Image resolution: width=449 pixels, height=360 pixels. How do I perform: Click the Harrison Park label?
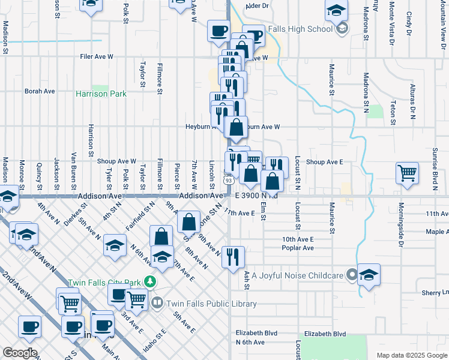(x=101, y=94)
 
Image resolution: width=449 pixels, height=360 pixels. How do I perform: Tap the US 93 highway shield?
(x=228, y=179)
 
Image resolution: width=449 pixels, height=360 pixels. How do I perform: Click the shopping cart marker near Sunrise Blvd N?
(x=407, y=173)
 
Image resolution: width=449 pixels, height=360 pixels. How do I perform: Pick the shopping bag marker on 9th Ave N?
(x=188, y=221)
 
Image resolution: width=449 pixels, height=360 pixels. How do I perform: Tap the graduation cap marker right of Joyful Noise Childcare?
(x=369, y=274)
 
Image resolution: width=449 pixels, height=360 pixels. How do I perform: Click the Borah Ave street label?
(x=40, y=91)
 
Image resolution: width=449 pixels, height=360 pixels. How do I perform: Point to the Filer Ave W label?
(x=97, y=57)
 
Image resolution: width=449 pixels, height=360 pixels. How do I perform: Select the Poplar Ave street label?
(x=298, y=248)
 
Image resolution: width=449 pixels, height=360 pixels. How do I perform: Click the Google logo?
(x=19, y=353)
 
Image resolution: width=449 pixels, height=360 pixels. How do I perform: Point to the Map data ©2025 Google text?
(x=412, y=355)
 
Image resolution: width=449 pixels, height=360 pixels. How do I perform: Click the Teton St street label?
(x=393, y=113)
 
